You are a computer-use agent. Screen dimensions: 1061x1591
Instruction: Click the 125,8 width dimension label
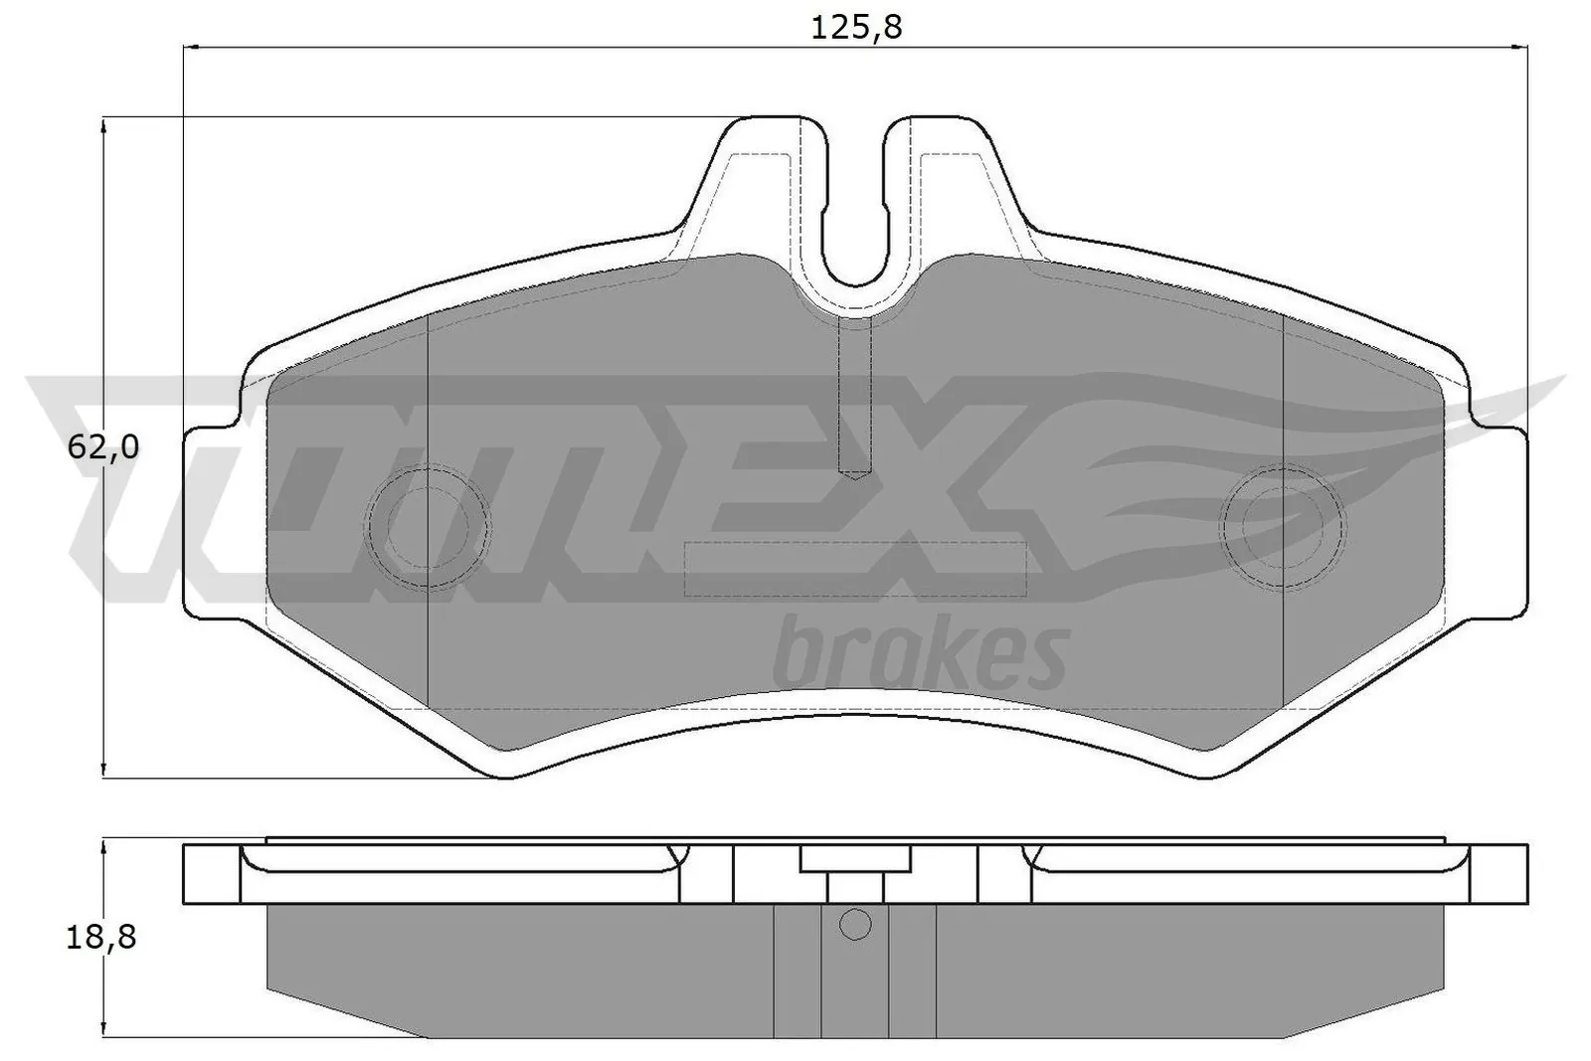point(856,27)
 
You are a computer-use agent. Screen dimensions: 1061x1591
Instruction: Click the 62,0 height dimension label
point(102,448)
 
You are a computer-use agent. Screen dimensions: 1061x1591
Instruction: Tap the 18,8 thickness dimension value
point(102,936)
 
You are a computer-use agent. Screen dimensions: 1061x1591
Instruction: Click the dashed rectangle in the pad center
point(855,569)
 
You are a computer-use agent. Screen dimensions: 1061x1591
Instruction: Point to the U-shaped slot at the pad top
point(855,214)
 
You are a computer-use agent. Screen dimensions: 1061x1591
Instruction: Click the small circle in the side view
point(855,925)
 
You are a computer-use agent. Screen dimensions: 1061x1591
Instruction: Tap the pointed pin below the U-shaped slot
point(854,398)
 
